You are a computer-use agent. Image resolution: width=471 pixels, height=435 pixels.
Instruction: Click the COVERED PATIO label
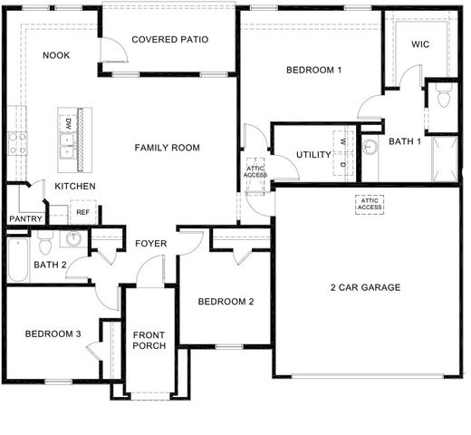click(x=170, y=40)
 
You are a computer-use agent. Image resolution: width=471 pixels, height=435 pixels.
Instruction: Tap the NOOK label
click(x=55, y=55)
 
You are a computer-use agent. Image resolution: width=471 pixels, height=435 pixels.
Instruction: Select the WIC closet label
click(x=420, y=43)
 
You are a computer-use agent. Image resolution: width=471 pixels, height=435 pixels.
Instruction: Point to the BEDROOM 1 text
click(x=313, y=70)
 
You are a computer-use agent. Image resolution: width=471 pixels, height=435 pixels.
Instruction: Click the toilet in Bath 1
click(x=443, y=97)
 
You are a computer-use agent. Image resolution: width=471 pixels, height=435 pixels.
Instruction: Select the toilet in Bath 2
click(x=45, y=243)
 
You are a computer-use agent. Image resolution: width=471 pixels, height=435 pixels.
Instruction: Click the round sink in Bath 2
click(x=73, y=240)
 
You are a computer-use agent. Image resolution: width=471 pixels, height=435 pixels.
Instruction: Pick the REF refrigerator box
click(x=82, y=213)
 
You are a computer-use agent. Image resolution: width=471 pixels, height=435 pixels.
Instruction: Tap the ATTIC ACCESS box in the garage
click(x=370, y=204)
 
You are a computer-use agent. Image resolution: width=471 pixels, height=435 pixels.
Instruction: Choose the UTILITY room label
click(x=313, y=155)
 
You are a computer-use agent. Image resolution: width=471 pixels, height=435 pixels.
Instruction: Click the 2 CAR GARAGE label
click(x=365, y=288)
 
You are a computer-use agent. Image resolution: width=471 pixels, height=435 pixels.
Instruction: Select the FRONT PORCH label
click(x=148, y=340)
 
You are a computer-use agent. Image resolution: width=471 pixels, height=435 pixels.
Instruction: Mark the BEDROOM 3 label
click(x=53, y=334)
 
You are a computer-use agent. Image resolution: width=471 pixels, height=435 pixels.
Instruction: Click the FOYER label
click(x=150, y=244)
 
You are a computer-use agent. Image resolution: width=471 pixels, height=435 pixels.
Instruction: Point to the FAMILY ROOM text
click(x=168, y=148)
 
